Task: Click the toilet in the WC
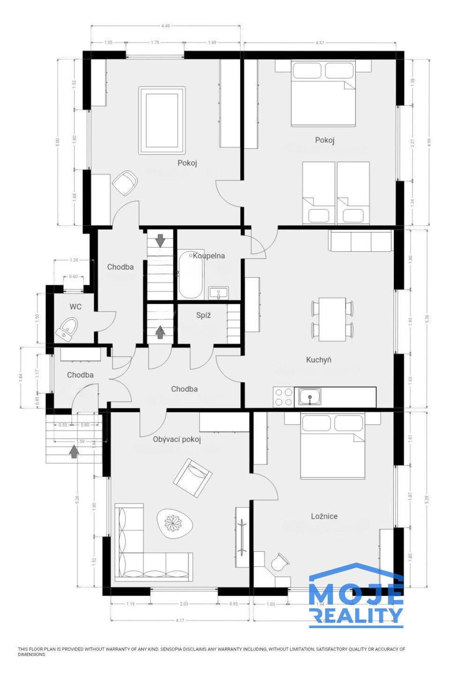point(67,329)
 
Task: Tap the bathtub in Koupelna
point(190,276)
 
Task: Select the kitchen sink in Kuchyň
point(309,397)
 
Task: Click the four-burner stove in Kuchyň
point(283,397)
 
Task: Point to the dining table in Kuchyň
point(332,319)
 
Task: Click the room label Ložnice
point(324,516)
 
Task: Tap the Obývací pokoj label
point(177,439)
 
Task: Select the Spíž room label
point(203,315)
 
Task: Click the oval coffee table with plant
point(175,523)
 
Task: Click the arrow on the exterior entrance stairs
point(74,451)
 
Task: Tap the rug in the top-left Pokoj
point(161,120)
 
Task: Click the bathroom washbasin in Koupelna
point(218,293)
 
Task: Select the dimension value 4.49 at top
point(165,26)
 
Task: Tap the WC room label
point(75,307)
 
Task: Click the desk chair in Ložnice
point(280,562)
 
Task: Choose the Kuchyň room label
point(319,360)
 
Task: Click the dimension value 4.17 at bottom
point(180,621)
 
